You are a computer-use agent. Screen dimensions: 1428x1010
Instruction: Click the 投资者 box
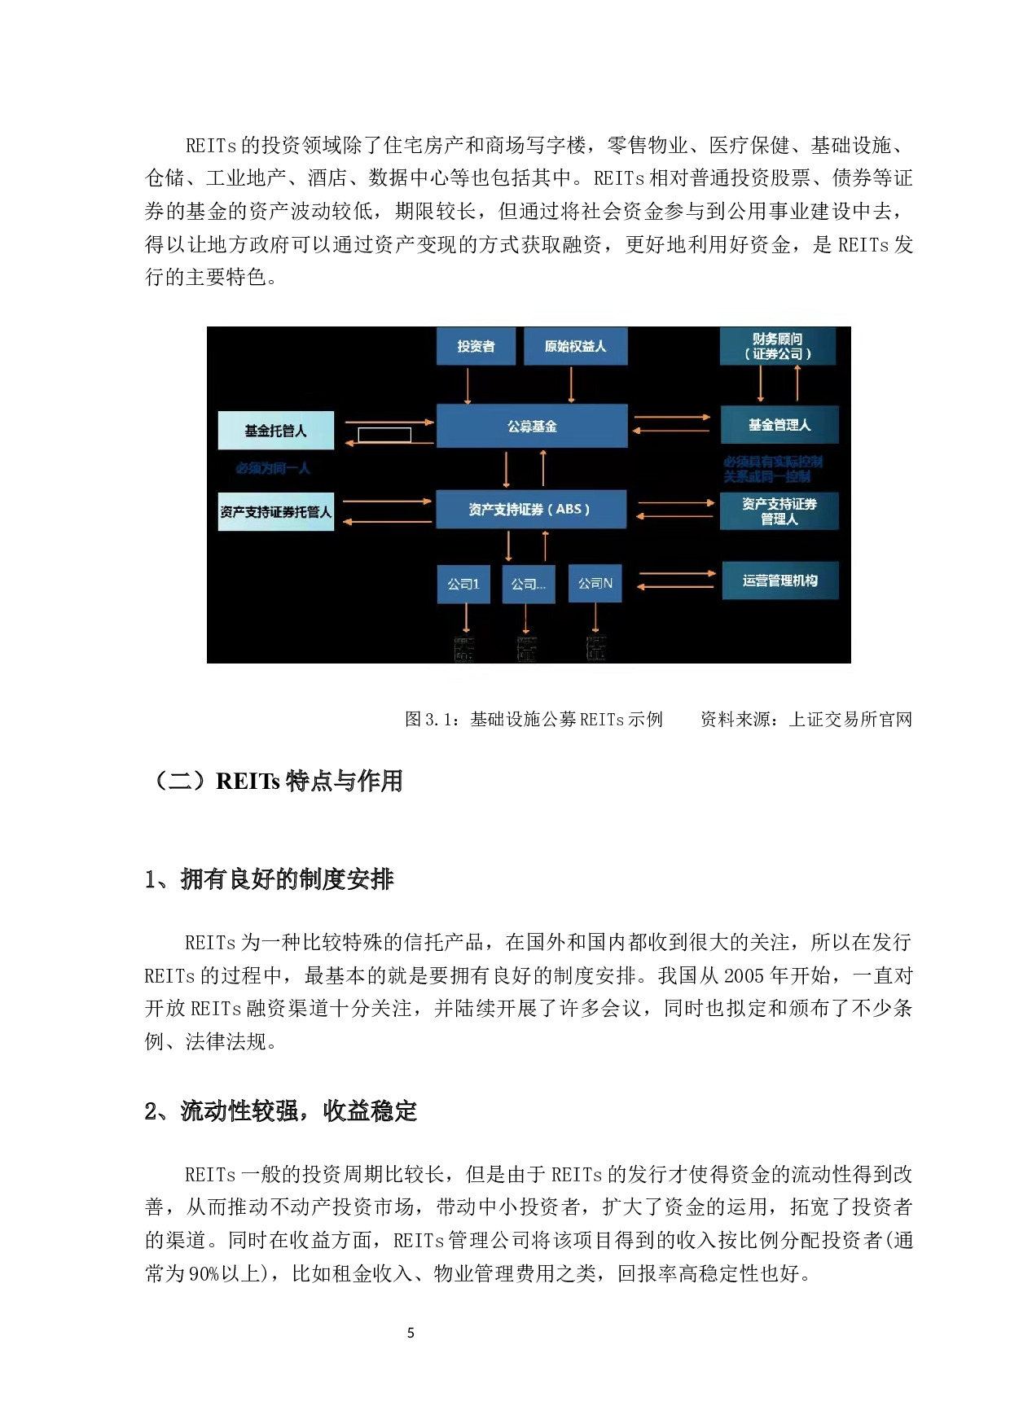coord(476,346)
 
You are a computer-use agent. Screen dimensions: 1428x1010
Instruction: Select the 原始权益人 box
coord(575,346)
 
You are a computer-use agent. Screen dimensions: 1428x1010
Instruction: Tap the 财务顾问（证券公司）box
coord(778,346)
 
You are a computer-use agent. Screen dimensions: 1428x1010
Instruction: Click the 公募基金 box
coord(532,426)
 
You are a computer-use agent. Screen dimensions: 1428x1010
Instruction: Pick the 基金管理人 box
coord(779,424)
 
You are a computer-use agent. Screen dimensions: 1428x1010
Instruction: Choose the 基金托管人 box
coord(276,431)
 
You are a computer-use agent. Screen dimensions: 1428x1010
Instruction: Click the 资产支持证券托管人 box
coord(276,512)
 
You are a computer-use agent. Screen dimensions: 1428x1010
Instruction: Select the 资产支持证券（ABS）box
coord(531,509)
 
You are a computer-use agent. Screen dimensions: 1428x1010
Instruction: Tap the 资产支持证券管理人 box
coord(779,511)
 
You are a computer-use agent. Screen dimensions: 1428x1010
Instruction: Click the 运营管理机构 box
coord(780,580)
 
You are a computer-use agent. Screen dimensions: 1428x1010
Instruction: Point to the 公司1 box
coord(463,584)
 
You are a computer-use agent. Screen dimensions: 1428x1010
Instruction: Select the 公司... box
coord(529,584)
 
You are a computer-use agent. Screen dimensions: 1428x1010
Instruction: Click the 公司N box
coord(595,583)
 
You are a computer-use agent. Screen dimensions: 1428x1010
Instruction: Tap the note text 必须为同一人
coord(273,468)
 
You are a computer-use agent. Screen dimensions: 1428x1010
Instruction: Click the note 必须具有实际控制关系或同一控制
coord(772,469)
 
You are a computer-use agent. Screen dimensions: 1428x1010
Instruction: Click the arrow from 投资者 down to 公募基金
coord(468,385)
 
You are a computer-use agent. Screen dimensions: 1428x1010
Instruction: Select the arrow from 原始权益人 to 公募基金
coord(571,384)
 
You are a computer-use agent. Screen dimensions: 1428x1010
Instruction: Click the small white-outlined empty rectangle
coord(384,435)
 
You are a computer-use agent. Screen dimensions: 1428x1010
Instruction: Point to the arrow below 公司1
coord(466,618)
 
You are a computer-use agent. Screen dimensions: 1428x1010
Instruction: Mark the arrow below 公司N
coord(595,618)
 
